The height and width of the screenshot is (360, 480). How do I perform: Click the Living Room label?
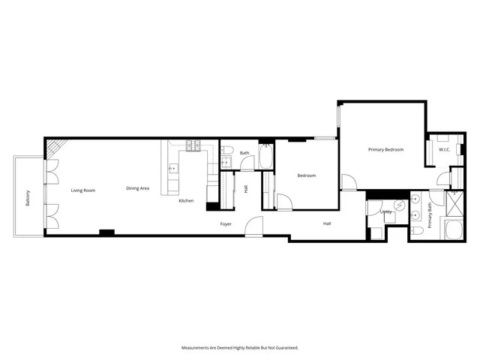point(83,190)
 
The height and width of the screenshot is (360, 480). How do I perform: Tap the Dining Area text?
point(137,187)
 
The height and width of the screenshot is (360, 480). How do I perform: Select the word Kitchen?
point(186,201)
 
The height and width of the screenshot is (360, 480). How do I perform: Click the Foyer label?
point(225,224)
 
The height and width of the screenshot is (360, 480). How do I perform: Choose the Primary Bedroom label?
point(385,150)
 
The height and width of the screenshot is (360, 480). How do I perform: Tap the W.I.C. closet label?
point(443,150)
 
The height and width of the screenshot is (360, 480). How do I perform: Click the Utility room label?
point(386,211)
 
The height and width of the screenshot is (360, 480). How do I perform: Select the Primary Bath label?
point(430,216)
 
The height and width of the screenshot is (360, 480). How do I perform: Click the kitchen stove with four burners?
point(193,145)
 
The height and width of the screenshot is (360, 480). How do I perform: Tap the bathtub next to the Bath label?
point(266,157)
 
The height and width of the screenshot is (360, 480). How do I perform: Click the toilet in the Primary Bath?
point(418,232)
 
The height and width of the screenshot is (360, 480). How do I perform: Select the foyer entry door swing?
point(255,225)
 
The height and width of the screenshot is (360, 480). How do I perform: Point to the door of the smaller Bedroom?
point(284,202)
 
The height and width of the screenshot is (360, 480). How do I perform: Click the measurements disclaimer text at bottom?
point(240,347)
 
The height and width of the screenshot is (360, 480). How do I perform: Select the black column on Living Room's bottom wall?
point(106,232)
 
